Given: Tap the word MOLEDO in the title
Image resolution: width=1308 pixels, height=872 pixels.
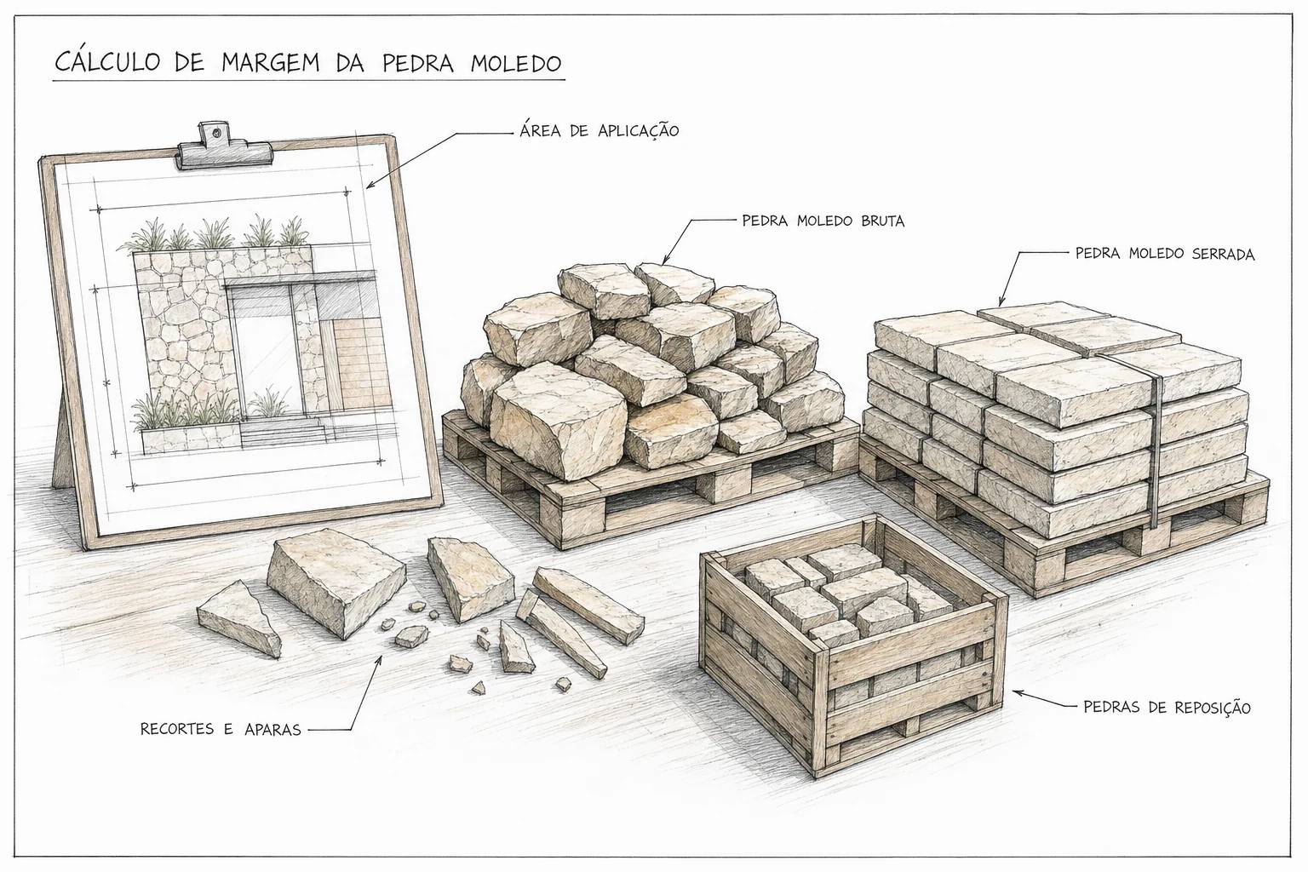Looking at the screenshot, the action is [515, 62].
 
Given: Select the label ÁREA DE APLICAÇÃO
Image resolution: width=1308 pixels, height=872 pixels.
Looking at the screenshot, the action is [599, 130].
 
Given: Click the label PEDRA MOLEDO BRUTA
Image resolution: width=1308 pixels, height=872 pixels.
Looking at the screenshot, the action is [823, 221].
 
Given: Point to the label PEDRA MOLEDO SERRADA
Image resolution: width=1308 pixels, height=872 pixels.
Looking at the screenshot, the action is [1165, 254].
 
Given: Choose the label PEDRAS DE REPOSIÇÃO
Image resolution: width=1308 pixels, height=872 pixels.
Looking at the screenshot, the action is [1167, 708].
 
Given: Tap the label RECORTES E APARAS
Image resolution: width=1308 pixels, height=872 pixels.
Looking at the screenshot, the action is [221, 729].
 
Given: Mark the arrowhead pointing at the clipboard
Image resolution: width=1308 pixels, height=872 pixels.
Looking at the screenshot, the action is [370, 184].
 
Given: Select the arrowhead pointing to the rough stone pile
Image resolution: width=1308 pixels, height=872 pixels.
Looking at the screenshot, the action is [667, 257].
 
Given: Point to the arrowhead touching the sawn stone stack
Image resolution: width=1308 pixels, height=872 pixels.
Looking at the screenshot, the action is [1001, 299].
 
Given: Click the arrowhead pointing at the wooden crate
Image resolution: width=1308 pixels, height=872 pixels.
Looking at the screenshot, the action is [1019, 692].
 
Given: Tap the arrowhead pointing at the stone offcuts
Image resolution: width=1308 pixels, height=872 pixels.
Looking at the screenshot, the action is [379, 661].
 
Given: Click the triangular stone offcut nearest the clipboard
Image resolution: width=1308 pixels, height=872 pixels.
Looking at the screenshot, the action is [238, 618].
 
